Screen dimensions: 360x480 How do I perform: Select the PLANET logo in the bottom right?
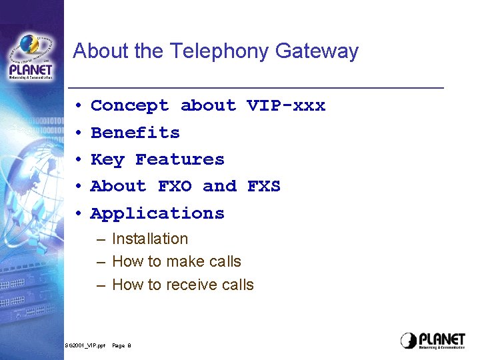pos(433,340)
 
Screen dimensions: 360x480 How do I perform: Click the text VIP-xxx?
pos(286,106)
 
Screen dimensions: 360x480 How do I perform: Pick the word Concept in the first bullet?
pos(129,106)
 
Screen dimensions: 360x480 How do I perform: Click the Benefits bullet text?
pos(135,133)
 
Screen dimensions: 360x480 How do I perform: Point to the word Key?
pos(107,160)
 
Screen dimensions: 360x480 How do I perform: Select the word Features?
pos(180,160)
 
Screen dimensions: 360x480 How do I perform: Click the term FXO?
pos(175,187)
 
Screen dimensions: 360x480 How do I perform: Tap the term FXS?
pos(264,187)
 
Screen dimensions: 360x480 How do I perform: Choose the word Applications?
pos(157,214)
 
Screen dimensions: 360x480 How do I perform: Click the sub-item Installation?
pos(150,239)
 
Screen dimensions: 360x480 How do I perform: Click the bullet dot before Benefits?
pos(78,133)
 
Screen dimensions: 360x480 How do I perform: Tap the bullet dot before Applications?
pos(78,214)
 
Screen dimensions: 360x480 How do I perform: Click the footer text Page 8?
pos(121,345)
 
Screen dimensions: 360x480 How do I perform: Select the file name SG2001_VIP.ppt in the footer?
pos(85,345)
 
